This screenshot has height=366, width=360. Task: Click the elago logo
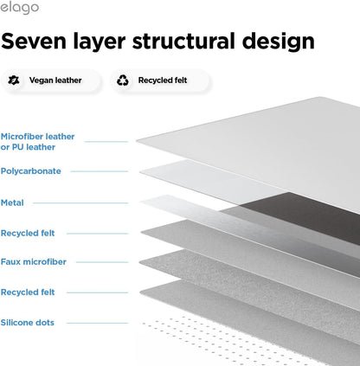pyautogui.click(x=19, y=8)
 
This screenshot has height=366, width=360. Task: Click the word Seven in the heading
pyautogui.click(x=34, y=41)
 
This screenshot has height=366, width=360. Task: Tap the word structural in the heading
pyautogui.click(x=183, y=41)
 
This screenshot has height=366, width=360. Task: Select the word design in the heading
pyautogui.click(x=278, y=41)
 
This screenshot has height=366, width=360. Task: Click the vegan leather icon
pyautogui.click(x=14, y=80)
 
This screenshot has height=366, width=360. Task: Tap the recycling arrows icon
pyautogui.click(x=123, y=80)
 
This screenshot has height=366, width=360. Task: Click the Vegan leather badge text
pyautogui.click(x=55, y=80)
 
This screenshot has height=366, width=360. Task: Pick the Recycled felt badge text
pyautogui.click(x=163, y=80)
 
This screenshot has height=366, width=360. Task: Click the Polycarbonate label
pyautogui.click(x=31, y=171)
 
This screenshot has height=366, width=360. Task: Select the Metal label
pyautogui.click(x=12, y=202)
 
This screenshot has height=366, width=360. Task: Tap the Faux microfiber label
pyautogui.click(x=34, y=262)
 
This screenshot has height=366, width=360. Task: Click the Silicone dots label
pyautogui.click(x=28, y=323)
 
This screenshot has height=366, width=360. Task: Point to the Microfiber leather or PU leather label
pyautogui.click(x=37, y=142)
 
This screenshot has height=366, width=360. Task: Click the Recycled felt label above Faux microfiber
pyautogui.click(x=28, y=233)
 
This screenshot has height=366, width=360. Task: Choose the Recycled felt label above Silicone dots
pyautogui.click(x=28, y=292)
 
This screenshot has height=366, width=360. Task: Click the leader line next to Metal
pyautogui.click(x=80, y=203)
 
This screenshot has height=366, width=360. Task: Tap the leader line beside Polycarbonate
pyautogui.click(x=100, y=171)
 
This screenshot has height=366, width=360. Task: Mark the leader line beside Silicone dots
pyautogui.click(x=97, y=323)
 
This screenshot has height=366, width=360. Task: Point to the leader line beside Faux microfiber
pyautogui.click(x=102, y=262)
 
